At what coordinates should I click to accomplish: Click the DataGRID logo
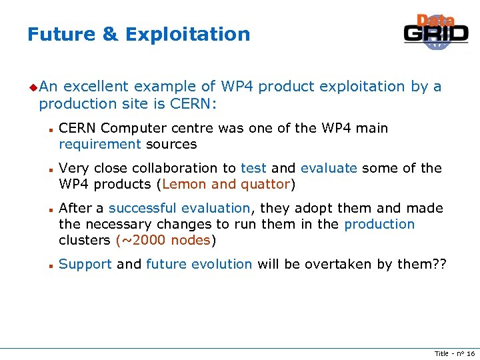pos(436,31)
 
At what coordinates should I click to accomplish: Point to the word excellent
pos(97,87)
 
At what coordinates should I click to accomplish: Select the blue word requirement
pos(100,145)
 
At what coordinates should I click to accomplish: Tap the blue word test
pos(253,169)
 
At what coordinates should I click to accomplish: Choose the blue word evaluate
pos(329,169)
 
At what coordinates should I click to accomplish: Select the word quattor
pos(265,185)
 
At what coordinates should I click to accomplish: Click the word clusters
pos(85,241)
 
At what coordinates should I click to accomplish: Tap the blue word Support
pos(85,265)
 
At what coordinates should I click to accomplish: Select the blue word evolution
pos(222,265)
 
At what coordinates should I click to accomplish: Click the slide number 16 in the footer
pos(470,353)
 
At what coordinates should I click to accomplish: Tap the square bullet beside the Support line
pos(50,265)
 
